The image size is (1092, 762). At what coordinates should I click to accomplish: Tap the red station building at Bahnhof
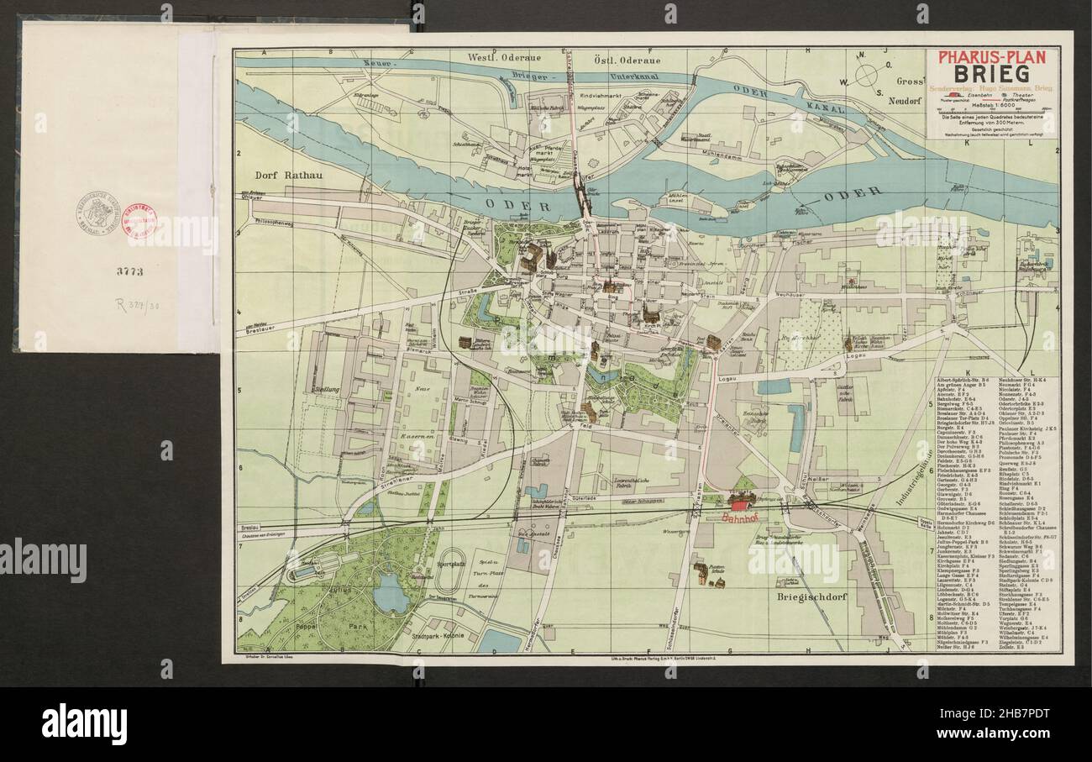[740, 502]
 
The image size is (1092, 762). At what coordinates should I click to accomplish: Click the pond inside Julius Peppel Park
[392, 596]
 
